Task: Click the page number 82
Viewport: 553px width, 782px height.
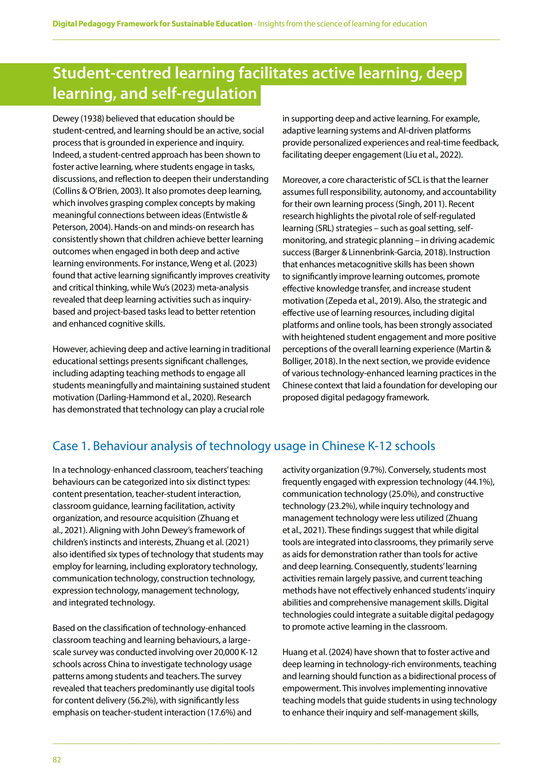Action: coord(57,760)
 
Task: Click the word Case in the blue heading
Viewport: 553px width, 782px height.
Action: coord(65,446)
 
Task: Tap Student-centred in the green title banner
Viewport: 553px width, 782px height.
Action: coord(111,73)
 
